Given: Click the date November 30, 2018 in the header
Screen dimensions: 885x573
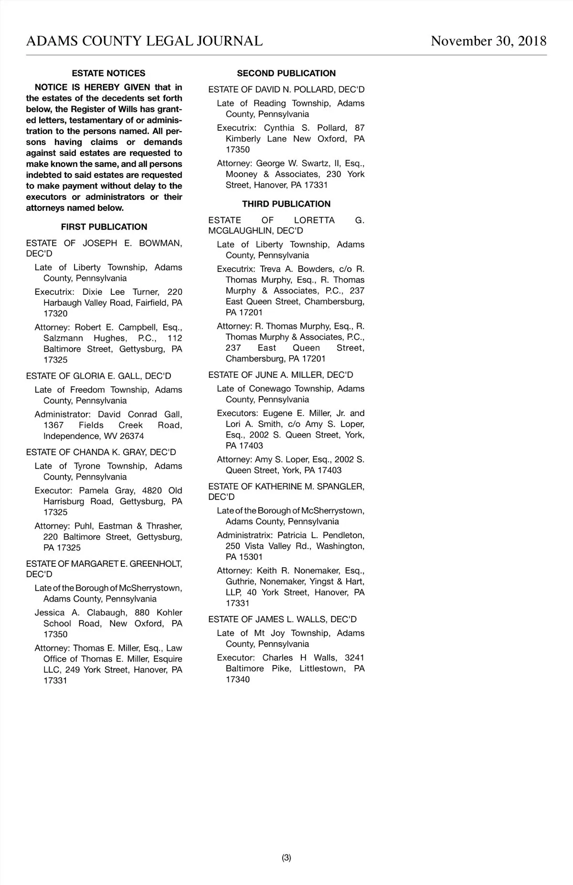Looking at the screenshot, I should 488,41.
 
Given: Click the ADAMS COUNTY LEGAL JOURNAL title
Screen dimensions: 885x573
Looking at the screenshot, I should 144,41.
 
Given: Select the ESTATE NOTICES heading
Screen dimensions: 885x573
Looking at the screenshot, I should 108,73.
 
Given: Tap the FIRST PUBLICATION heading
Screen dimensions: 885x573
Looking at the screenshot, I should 104,227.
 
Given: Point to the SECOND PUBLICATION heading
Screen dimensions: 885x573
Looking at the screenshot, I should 286,73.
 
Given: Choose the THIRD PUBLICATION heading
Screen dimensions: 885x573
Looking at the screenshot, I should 286,204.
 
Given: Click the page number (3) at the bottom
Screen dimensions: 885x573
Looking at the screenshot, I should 286,857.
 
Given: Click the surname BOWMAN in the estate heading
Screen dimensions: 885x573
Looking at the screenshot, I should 160,243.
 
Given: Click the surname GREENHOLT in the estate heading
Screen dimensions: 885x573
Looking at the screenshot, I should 156,564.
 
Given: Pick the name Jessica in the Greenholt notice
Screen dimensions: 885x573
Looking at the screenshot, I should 50,613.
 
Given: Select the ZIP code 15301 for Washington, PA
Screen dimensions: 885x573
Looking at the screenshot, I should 251,557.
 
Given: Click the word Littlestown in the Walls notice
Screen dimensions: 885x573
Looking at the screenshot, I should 322,668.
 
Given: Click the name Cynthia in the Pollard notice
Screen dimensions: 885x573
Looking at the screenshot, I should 279,128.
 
